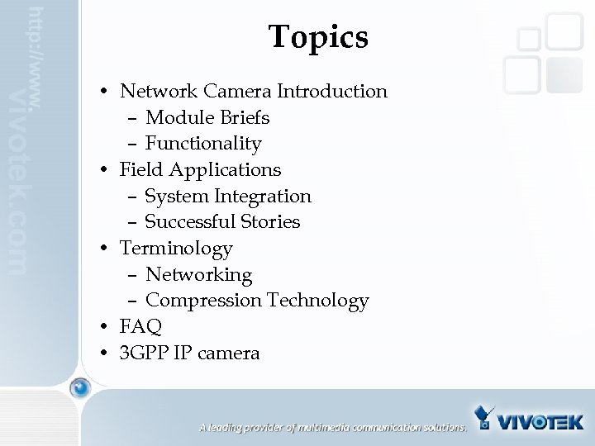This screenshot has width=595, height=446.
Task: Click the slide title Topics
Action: [318, 37]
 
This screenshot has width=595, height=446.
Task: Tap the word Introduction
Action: [332, 91]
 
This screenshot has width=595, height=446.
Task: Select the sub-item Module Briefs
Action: [207, 117]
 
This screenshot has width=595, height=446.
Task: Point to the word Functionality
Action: [202, 144]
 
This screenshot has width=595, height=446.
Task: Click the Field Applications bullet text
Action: [200, 170]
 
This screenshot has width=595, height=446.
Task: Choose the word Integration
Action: [263, 196]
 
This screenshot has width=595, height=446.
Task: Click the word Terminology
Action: [176, 248]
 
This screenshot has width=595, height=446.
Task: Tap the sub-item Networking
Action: [198, 274]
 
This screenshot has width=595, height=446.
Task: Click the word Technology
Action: [317, 301]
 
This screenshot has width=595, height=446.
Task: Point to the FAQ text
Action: [140, 327]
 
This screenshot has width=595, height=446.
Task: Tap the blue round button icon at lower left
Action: [80, 387]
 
